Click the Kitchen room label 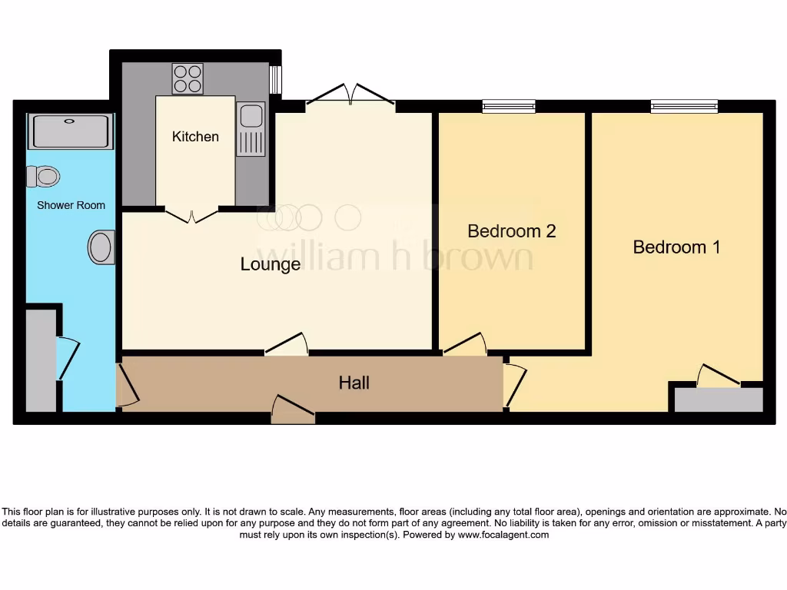coord(195,137)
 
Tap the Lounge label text coord(271,264)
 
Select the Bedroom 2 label coord(511,230)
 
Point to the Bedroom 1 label coord(676,247)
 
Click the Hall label coord(354,382)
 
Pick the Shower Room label coord(71,205)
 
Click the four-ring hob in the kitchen coord(188,78)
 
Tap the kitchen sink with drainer coord(251,129)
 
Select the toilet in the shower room coord(43,177)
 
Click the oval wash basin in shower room coord(101,247)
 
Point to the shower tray coord(70,131)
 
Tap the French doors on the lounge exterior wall coord(350,95)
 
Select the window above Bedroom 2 coord(509,106)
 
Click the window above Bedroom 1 coord(684,106)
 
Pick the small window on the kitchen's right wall coord(274,80)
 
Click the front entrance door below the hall coord(294,410)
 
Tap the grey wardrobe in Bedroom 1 coord(719,399)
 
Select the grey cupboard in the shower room coord(41,360)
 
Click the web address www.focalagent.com coord(503,535)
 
